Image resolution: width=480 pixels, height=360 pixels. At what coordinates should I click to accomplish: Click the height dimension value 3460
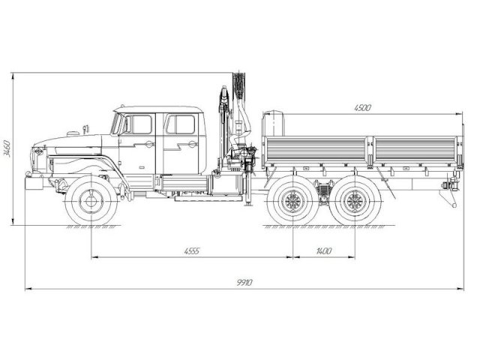click(x=7, y=146)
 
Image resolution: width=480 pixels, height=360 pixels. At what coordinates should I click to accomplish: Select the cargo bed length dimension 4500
click(x=362, y=108)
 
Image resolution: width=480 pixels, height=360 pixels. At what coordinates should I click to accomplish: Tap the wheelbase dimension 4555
click(x=191, y=250)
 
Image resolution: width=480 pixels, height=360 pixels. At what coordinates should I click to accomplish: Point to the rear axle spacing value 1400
click(x=323, y=250)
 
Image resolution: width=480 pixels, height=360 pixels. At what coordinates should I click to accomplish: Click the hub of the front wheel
click(x=91, y=200)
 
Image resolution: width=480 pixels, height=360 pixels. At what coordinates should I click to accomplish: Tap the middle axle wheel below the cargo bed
click(x=292, y=200)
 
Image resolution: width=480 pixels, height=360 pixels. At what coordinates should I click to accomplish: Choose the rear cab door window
click(x=180, y=124)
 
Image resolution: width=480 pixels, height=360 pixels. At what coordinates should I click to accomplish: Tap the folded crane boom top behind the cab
click(x=238, y=82)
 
